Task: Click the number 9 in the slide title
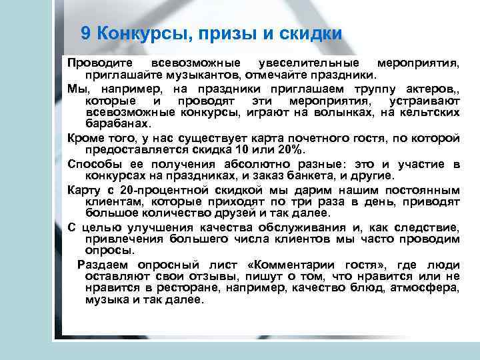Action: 85,33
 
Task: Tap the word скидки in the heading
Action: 309,33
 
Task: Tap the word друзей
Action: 227,213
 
